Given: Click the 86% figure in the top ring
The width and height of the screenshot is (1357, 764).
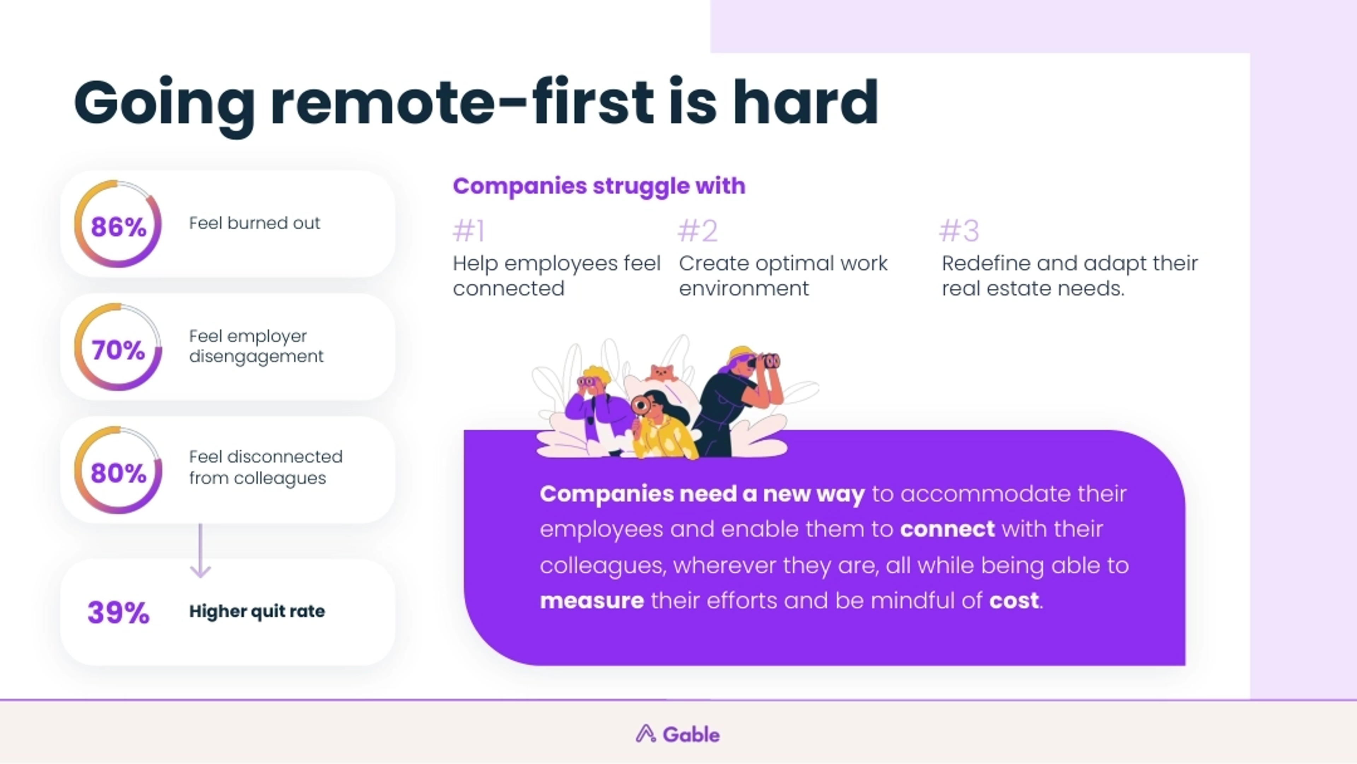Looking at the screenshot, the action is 118,227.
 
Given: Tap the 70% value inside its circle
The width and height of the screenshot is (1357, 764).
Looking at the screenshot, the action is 118,350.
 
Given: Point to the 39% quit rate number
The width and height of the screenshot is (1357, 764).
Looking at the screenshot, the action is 118,612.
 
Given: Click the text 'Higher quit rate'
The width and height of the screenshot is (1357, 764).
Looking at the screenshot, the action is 257,611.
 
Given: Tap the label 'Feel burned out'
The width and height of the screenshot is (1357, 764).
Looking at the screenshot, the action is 254,223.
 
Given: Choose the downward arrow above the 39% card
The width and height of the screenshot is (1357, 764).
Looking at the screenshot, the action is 200,551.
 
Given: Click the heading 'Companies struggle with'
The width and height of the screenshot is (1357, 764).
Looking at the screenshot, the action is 599,186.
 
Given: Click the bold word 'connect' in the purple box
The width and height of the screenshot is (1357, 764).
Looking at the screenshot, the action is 947,529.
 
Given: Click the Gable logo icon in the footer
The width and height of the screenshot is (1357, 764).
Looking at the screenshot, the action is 645,734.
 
